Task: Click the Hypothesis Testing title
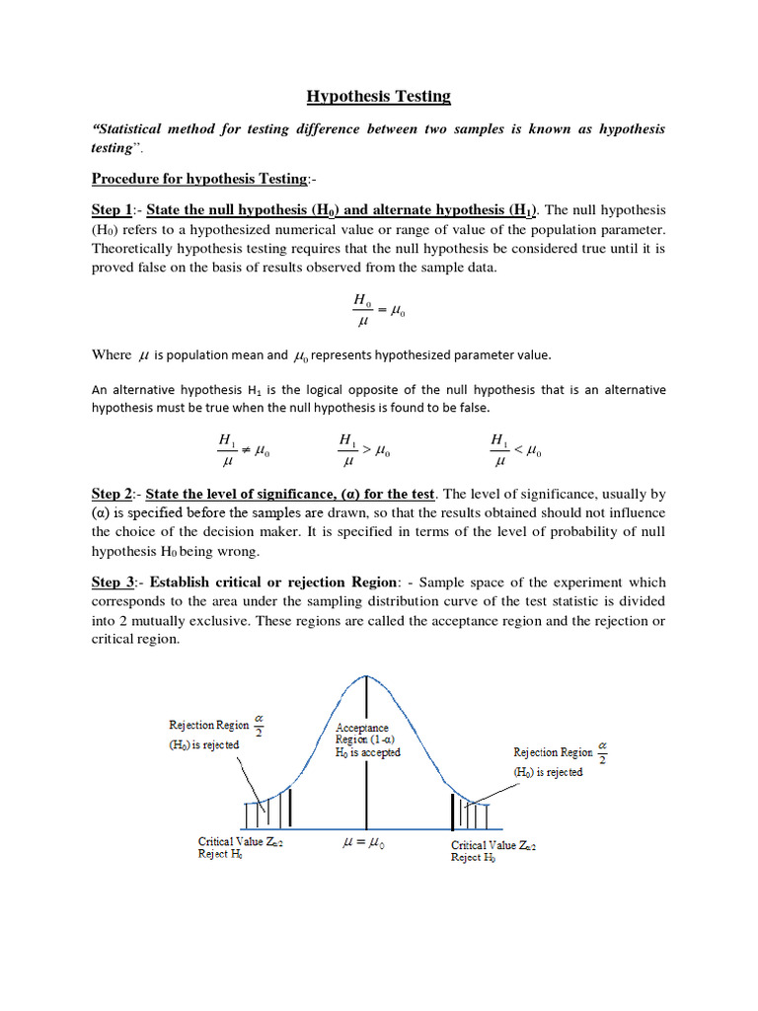(378, 96)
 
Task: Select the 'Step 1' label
(112, 210)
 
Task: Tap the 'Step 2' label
(112, 494)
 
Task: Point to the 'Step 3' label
(112, 583)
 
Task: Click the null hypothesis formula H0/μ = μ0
(378, 312)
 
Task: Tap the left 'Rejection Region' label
(210, 726)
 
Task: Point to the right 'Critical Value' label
(494, 845)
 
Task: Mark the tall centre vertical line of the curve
(367, 750)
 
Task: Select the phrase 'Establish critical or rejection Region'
(271, 583)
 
